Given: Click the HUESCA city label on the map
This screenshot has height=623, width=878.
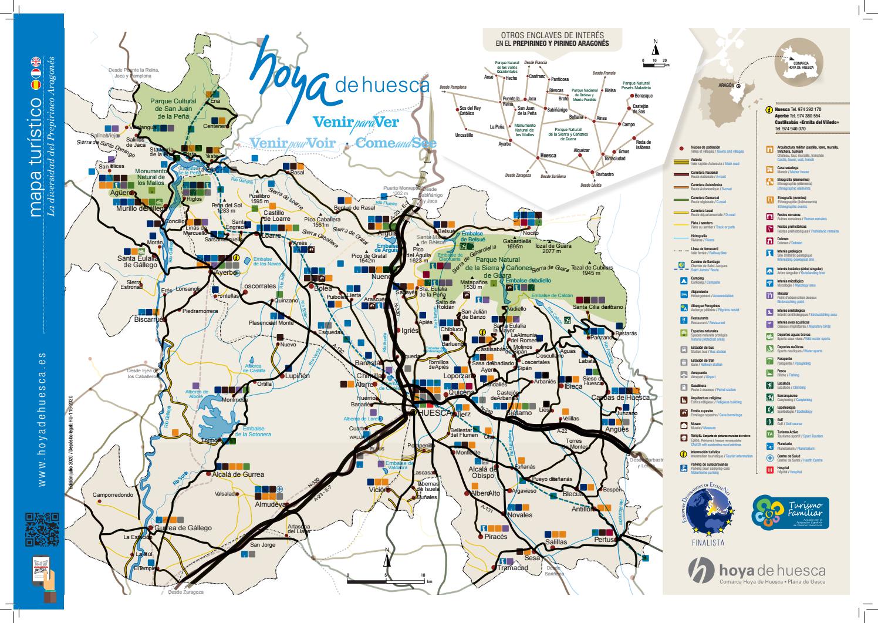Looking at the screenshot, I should coord(433,413).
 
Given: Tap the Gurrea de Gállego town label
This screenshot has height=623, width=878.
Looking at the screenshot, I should coord(183,528).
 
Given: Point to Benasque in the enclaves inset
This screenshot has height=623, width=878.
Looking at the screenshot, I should coord(643,96).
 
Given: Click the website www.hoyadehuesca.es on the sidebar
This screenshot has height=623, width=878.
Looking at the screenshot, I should coord(41,420).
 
